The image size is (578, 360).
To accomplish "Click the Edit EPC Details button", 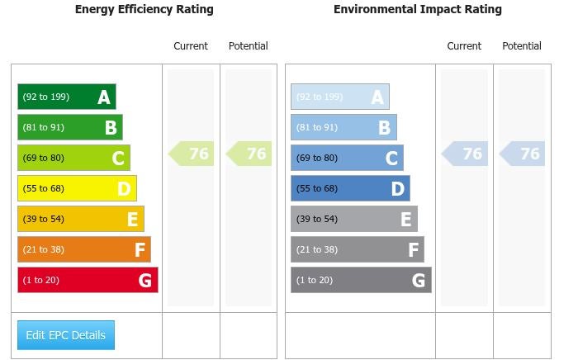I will coord(66,335).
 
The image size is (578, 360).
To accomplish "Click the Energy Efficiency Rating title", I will coord(144,10).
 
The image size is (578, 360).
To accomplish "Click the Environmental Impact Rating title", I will coord(417,10).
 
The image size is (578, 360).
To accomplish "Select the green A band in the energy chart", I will coord(67,97).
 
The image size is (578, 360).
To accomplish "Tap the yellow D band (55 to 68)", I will coord(77,188).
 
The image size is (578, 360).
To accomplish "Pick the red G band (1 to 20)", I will coord(88,280).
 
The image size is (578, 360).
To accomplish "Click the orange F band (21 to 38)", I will coord(84,249).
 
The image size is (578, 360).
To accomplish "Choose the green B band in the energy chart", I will coord(70,127).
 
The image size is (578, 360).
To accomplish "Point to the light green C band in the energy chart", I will coord(73,158).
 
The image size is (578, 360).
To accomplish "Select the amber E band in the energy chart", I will coord(81,219).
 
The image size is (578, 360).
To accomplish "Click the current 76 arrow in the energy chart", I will coord(192,154).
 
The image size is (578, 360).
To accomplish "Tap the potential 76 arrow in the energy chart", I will coord(249,154).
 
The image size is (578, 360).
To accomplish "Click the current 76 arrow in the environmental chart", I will coord(465,154).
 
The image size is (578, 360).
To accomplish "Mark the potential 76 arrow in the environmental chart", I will coord(523,154).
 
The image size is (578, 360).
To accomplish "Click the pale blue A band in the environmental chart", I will coord(339,97).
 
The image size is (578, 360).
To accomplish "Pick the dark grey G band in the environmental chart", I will coord(361,280).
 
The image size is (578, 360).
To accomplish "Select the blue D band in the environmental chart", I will coord(350,188).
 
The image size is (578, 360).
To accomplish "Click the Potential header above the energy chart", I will coord(249,46).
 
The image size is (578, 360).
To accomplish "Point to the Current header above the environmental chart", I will coord(464,46).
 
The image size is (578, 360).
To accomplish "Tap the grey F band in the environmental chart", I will coord(358,249).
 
